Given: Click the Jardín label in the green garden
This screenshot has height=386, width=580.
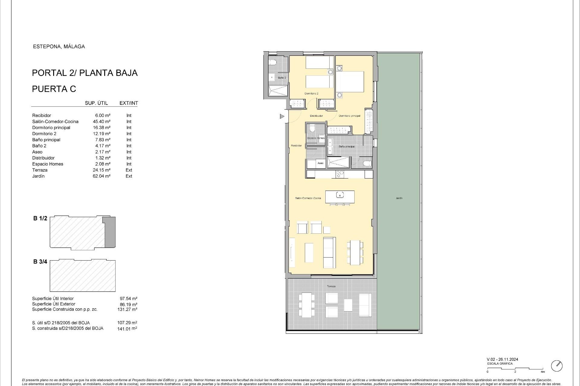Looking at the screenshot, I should click(x=399, y=198).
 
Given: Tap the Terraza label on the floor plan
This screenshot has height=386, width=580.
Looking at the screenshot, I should click(x=331, y=286).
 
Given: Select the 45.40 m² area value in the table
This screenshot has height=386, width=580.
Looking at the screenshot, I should click(x=101, y=122).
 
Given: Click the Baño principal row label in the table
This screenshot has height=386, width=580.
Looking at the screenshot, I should click(x=46, y=140).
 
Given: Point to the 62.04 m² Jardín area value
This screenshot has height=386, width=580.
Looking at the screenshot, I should click(x=101, y=176).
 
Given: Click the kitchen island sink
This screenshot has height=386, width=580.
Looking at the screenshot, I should click(x=340, y=195).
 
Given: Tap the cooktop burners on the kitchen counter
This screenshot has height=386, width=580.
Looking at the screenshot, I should click(x=340, y=174).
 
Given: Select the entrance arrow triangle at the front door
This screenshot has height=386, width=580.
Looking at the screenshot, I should click(x=282, y=116).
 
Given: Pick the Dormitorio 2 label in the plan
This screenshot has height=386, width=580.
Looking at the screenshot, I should click(x=311, y=93).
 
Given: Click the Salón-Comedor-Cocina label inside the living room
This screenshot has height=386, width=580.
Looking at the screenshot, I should click(x=308, y=198).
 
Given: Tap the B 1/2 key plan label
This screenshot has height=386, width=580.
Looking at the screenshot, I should click(x=40, y=218).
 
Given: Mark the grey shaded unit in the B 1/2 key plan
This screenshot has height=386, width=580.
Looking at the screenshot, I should click(x=110, y=232).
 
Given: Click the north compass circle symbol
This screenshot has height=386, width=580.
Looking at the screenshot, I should click(x=556, y=366).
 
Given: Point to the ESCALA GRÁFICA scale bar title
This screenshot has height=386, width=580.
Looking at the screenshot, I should click(x=500, y=364).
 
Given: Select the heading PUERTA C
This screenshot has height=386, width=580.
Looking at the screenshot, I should click(x=54, y=89).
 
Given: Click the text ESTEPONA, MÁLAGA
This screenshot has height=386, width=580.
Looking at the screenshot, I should click(x=59, y=46).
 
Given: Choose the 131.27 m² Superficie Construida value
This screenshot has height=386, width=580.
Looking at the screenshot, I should click(x=127, y=309).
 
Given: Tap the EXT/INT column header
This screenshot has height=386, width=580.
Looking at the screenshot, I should click(x=129, y=103).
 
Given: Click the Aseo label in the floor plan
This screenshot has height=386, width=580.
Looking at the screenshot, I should click(x=320, y=163).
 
